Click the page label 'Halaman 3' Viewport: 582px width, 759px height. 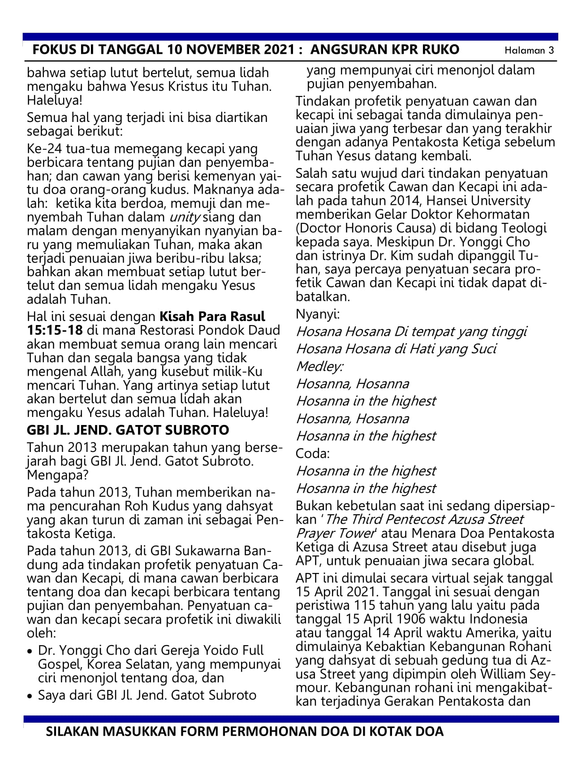click(529, 50)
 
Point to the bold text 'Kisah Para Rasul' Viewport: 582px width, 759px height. click(212, 317)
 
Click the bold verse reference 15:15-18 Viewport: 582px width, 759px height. click(55, 330)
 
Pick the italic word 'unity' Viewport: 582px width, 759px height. click(184, 217)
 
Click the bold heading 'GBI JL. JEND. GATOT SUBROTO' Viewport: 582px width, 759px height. click(128, 430)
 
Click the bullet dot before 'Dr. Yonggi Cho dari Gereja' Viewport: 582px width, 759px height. click(30, 651)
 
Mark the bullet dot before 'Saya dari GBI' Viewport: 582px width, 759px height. click(30, 696)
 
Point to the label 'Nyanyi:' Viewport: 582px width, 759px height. click(318, 314)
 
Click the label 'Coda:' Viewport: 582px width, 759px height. click(312, 454)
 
